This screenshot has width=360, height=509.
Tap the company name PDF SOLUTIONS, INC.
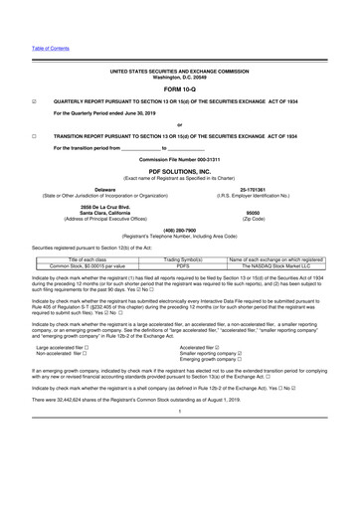(180, 170)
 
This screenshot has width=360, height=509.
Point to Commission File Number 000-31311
(180, 159)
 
